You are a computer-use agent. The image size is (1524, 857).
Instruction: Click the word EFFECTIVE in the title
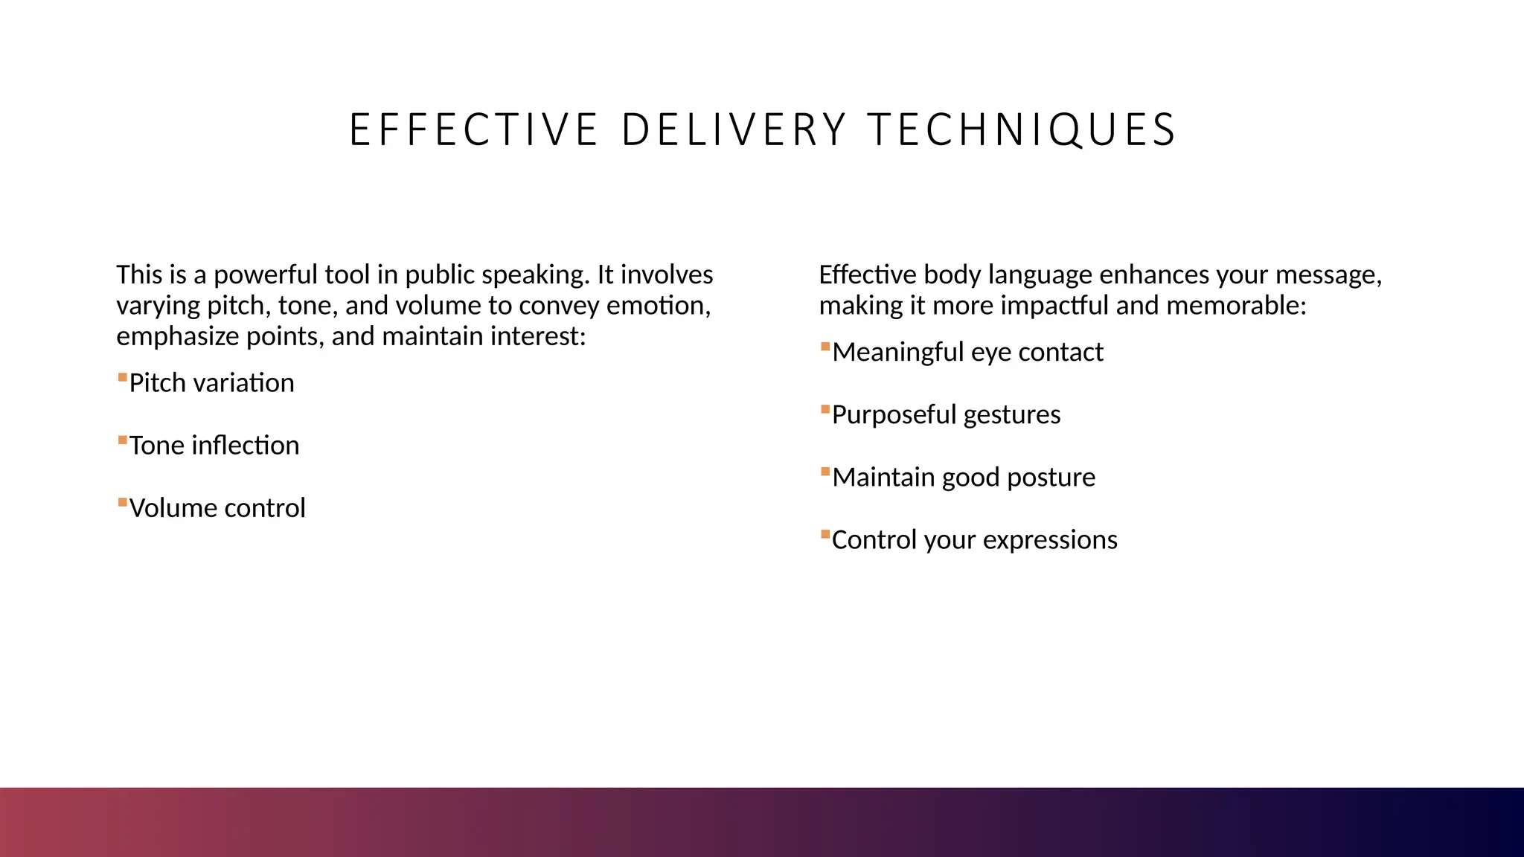tap(473, 130)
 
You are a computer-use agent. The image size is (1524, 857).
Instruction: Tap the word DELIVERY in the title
tap(734, 130)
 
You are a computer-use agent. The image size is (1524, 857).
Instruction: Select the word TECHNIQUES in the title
tap(1022, 130)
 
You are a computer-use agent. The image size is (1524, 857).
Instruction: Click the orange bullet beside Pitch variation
tap(122, 378)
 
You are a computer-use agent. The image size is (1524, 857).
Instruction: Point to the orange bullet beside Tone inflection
tap(122, 440)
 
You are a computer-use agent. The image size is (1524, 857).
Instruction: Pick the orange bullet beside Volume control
tap(122, 503)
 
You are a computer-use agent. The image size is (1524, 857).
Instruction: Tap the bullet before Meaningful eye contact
tap(825, 347)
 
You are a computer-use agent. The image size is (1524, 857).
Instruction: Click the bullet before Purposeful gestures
tap(825, 409)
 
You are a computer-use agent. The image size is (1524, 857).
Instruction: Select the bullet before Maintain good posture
tap(825, 472)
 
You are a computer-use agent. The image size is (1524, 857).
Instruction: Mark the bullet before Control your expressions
tap(825, 534)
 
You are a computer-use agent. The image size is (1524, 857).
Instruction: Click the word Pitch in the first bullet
tap(158, 383)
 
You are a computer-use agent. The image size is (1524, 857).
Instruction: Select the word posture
tap(1051, 478)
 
